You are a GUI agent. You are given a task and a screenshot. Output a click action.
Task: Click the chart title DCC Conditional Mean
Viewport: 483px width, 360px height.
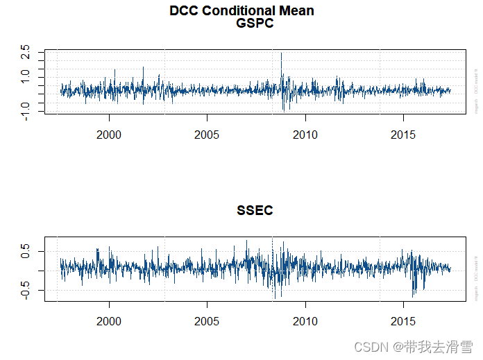click(241, 10)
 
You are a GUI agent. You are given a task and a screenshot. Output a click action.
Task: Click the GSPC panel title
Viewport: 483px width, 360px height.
click(255, 24)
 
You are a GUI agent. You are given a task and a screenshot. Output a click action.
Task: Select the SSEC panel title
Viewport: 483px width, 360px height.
click(255, 211)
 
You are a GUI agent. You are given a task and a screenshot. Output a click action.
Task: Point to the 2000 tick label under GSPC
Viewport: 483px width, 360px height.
click(109, 135)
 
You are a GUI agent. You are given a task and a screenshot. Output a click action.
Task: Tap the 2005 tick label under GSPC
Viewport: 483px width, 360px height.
click(207, 135)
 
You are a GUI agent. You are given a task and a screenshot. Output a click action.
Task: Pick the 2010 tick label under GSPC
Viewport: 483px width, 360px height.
click(305, 135)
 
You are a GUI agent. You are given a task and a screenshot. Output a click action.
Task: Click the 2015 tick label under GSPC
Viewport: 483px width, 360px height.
click(403, 135)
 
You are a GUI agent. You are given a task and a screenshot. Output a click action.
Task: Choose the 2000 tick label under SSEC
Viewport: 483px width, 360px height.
click(109, 322)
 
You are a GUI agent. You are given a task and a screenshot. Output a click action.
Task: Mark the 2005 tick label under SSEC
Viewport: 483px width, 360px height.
click(207, 322)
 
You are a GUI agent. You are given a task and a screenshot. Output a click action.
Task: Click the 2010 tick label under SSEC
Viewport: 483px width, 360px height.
click(305, 322)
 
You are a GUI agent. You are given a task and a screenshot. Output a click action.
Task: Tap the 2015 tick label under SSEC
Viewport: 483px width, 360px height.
click(403, 322)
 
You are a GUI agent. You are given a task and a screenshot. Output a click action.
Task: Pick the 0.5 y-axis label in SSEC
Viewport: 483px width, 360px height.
click(26, 251)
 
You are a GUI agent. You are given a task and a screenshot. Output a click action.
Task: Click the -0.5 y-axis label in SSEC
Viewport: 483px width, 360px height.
click(26, 291)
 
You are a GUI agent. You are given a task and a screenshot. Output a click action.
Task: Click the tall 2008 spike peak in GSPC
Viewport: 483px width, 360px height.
click(281, 53)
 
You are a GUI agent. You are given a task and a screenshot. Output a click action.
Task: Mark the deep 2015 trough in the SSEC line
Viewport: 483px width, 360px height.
click(413, 296)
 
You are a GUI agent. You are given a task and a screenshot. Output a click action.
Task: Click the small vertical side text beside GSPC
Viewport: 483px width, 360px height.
click(477, 90)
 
